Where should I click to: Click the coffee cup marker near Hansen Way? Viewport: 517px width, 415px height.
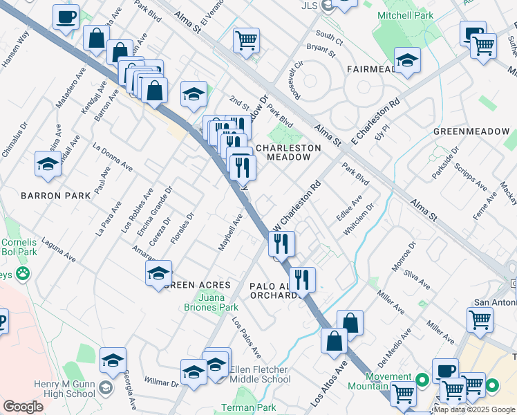[x=66, y=17]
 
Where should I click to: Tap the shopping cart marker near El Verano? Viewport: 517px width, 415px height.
[x=246, y=41]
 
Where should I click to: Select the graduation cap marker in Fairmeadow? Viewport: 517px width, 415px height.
[x=408, y=60]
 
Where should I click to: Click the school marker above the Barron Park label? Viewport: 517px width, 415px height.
[x=48, y=164]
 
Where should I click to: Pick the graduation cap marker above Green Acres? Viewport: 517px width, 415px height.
[x=158, y=273]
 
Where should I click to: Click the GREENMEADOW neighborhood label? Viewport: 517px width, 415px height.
[x=471, y=131]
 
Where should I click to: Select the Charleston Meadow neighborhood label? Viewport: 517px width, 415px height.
[x=288, y=152]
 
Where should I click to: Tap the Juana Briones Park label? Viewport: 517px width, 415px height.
[x=216, y=302]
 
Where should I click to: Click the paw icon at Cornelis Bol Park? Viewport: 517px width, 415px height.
[x=24, y=273]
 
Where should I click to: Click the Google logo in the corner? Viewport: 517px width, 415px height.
[x=23, y=406]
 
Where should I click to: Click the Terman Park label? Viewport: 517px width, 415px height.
[x=247, y=408]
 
